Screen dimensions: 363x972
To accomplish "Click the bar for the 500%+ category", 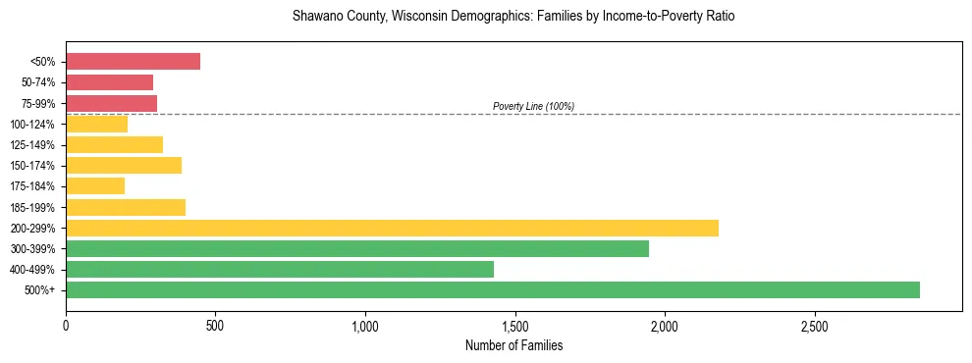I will pos(492,289).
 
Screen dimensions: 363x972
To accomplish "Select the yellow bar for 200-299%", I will pos(392,228).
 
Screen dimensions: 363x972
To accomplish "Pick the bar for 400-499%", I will pos(279,269).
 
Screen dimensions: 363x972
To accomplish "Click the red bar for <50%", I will pos(133,61).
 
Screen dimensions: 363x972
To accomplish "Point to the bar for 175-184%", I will pos(95,185).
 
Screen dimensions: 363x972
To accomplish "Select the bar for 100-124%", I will pos(96,124).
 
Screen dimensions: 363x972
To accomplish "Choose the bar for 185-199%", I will pos(126,207).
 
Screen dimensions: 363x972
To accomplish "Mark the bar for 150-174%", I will pos(124,165).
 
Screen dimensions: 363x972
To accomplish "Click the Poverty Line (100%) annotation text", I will pos(533,106).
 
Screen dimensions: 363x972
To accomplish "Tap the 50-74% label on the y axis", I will pos(37,82).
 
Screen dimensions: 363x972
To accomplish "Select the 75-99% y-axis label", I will pos(37,103).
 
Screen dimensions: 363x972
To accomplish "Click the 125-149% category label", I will pos(33,144).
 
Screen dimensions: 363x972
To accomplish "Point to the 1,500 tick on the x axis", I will pos(514,325).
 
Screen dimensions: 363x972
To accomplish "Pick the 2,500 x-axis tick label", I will pos(814,325).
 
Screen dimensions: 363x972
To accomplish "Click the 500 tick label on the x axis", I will pos(215,325).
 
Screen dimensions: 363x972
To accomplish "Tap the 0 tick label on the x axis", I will pos(66,325).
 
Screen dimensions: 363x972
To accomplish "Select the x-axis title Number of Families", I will pos(513,345).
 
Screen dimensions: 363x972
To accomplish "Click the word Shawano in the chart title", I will pos(317,17).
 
